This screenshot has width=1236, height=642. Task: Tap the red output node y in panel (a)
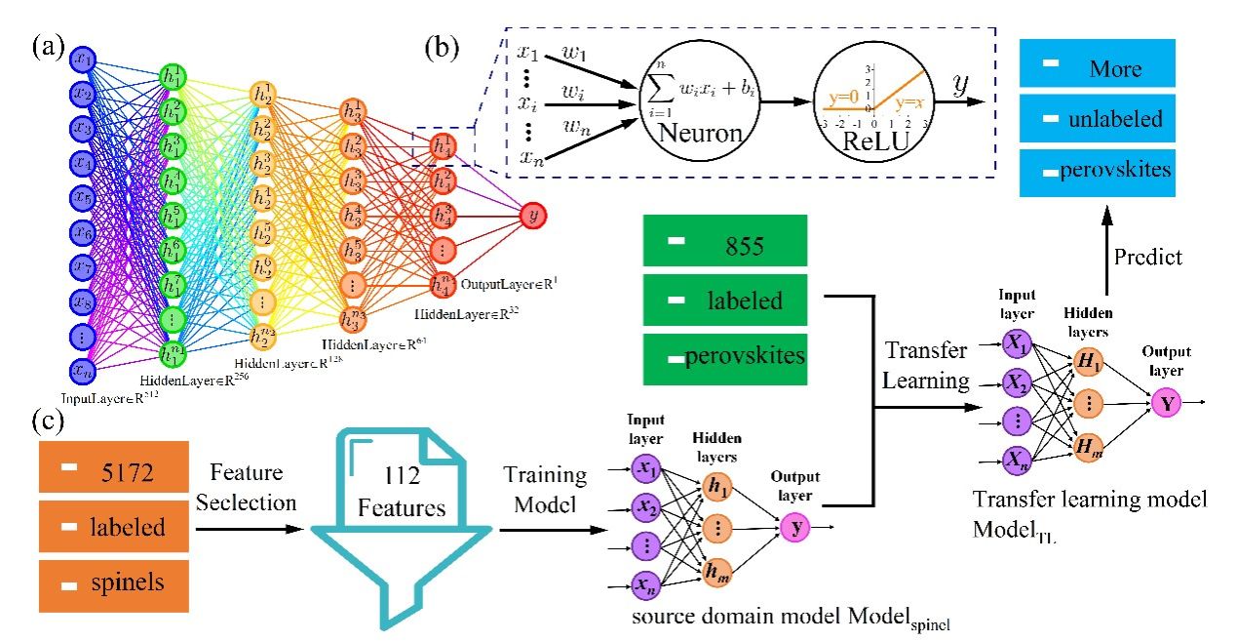532,216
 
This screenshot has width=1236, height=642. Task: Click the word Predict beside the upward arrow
1149,257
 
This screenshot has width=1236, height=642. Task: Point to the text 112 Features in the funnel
402,492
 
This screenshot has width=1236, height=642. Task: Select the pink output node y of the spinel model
794,528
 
